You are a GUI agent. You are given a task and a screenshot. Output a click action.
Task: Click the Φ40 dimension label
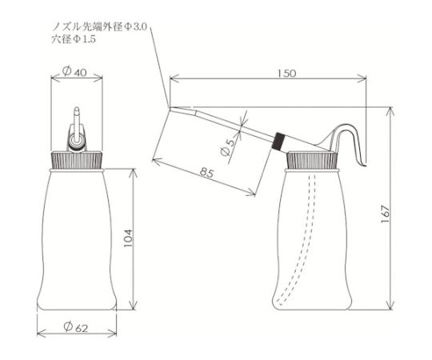(x=74, y=72)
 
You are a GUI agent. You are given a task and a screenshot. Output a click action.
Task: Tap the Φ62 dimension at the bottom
(x=76, y=327)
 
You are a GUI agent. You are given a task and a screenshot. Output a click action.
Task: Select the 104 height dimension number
(x=128, y=238)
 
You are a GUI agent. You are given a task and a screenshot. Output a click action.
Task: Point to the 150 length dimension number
(x=286, y=74)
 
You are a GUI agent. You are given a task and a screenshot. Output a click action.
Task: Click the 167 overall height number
(x=386, y=214)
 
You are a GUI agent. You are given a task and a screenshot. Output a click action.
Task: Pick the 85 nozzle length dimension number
(x=207, y=173)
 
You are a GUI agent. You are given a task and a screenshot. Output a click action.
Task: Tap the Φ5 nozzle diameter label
(x=228, y=148)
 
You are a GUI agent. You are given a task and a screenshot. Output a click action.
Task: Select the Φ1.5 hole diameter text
(x=84, y=39)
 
